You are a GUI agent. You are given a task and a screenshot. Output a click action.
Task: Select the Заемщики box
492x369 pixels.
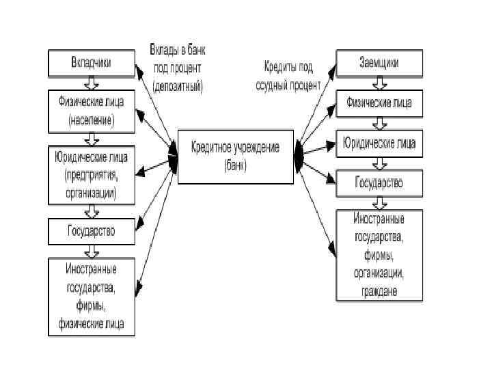click(379, 63)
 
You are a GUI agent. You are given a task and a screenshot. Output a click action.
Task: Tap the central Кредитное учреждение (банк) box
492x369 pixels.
click(235, 156)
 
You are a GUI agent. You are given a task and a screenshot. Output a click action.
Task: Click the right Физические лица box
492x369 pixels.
click(379, 104)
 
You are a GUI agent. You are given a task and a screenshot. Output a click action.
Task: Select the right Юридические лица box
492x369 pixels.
click(379, 143)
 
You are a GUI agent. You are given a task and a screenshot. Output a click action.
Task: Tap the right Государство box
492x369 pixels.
click(379, 183)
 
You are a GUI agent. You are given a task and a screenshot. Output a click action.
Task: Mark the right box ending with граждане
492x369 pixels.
click(379, 255)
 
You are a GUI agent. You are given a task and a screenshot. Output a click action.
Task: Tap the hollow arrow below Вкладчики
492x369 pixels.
click(91, 85)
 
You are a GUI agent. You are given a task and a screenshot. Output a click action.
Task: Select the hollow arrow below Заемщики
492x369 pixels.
click(379, 83)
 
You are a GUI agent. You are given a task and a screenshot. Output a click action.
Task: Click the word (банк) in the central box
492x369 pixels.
click(235, 165)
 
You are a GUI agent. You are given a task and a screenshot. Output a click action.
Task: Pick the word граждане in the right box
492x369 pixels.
click(379, 291)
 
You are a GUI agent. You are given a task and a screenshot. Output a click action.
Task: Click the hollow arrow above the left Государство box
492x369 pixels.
click(91, 211)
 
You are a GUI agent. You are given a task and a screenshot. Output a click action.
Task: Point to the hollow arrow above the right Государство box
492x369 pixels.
click(379, 163)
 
